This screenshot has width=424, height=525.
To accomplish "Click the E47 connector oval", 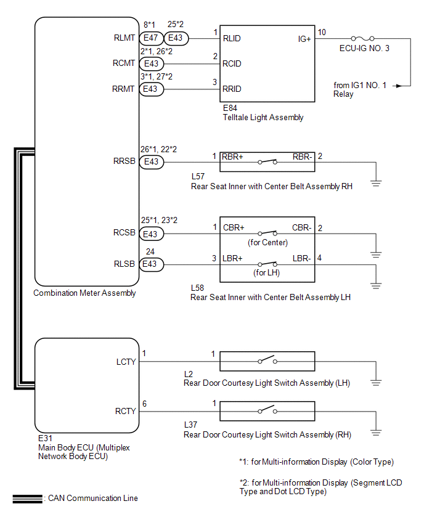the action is [x=152, y=38].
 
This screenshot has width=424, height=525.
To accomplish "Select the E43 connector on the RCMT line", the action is [x=152, y=63].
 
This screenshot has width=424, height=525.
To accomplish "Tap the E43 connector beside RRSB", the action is [x=152, y=162].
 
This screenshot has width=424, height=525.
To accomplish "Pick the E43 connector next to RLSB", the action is [x=152, y=264].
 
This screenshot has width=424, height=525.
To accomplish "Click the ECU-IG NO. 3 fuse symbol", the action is [x=362, y=38].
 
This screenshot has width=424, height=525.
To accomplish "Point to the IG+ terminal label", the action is [x=304, y=39].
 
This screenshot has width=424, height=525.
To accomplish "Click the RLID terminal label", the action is [x=232, y=38].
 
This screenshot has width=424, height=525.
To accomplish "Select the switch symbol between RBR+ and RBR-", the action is [x=267, y=161].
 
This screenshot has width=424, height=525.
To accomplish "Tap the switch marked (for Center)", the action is [x=267, y=233].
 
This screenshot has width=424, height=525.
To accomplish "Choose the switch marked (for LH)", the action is [x=267, y=264].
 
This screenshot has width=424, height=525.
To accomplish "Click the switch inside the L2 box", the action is [x=267, y=360].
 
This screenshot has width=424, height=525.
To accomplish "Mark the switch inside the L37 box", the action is [x=267, y=410].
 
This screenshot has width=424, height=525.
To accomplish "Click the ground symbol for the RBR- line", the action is [x=376, y=183].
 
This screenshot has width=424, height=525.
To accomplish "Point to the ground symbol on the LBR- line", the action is [x=376, y=286].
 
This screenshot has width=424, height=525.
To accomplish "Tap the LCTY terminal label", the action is [x=126, y=362].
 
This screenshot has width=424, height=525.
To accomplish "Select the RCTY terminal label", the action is [x=126, y=411].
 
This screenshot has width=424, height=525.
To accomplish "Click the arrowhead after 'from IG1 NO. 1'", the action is [x=399, y=86].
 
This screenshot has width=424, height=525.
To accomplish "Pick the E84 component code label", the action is [x=230, y=108].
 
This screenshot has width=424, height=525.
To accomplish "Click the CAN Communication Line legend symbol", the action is [x=28, y=499].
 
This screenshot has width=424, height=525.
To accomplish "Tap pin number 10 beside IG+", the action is [x=322, y=32].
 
